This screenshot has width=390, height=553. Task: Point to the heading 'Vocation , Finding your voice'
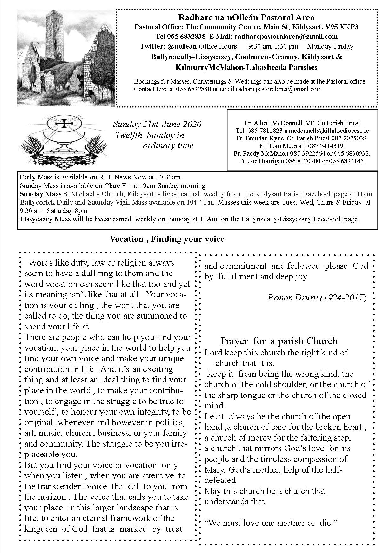(x=167, y=239)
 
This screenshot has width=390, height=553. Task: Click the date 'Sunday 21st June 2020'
(x=157, y=124)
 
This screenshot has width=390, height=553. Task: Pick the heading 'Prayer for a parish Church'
(x=279, y=341)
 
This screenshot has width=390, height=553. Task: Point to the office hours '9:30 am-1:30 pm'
(x=273, y=46)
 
